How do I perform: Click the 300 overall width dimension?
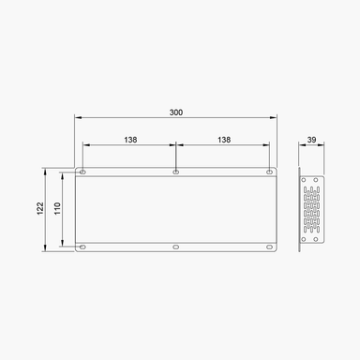coord(176,112)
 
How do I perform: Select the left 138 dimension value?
coord(129,139)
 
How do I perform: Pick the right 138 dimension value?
coord(223,139)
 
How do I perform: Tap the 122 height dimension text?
coord(39,210)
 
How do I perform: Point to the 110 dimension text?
coord(56,210)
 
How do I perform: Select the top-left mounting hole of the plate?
coord(82,172)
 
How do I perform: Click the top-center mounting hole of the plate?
coord(176,172)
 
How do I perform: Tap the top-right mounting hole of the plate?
coord(270,172)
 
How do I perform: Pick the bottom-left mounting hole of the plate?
coord(82,247)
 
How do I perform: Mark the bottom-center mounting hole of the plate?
coord(176,247)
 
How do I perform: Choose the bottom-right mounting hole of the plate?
coord(270,247)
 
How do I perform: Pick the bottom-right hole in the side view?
coord(317,238)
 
